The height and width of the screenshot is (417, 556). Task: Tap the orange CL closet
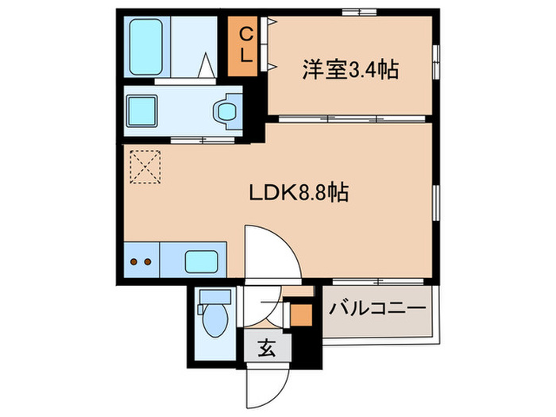click(246, 46)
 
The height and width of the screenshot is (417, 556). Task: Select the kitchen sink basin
click(201, 260)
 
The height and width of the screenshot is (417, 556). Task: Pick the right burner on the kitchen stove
click(147, 260)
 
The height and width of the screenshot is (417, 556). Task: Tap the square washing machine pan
click(147, 109)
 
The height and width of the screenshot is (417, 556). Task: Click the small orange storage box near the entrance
click(300, 315)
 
